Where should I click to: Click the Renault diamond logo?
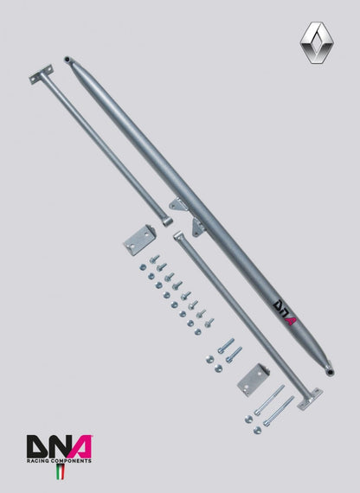(317, 42)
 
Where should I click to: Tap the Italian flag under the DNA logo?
(60, 472)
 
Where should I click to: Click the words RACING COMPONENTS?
(59, 461)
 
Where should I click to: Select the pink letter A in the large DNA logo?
(80, 446)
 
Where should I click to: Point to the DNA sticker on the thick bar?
(285, 312)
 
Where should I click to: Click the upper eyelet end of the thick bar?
(67, 60)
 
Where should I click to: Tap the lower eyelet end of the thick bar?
(330, 372)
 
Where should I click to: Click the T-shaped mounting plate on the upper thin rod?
(41, 74)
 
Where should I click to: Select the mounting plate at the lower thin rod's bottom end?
(310, 399)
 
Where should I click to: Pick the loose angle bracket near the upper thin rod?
(139, 240)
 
